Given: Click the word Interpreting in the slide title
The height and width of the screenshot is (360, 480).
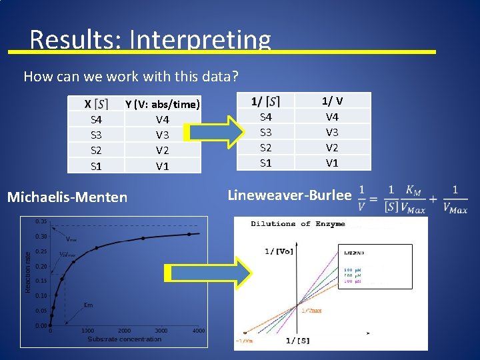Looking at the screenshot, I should (200, 40).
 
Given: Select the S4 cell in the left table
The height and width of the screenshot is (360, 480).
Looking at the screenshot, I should (96, 120).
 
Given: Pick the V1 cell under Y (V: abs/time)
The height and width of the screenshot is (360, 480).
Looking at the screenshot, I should (162, 166).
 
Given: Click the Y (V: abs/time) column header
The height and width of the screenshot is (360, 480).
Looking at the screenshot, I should (162, 105).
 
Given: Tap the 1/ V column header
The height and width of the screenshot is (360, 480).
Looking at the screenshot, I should (332, 101).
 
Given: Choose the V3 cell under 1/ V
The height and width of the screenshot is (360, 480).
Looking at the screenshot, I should (332, 132).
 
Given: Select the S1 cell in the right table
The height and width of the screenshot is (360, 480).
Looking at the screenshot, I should (265, 163).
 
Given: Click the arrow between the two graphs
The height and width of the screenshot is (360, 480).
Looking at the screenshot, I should (207, 274).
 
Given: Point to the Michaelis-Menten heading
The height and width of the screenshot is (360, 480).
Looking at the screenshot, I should (67, 197).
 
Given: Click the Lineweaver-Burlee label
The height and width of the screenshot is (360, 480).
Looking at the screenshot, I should (289, 195).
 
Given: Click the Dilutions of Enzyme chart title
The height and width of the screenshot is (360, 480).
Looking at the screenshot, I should (298, 224).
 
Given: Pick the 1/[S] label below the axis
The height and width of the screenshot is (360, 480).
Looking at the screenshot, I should (297, 341).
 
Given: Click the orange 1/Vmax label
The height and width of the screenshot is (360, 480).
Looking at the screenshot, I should (312, 311).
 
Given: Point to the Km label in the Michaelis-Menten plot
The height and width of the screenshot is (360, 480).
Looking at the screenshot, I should (88, 305).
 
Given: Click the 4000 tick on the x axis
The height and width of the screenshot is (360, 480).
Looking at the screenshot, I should (198, 331).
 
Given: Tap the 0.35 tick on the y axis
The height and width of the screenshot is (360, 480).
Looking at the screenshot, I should (40, 221).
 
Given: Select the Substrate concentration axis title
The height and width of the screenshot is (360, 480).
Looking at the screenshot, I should (125, 339).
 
